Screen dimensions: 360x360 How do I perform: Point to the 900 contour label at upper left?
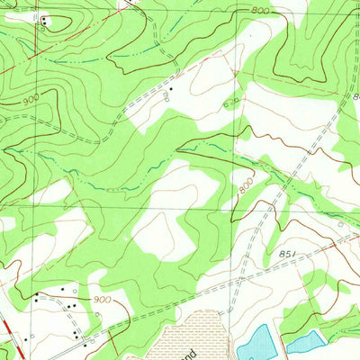(x=30, y=102)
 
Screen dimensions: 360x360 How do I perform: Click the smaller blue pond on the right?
(x=305, y=340)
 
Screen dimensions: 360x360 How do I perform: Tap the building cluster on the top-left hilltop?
(x=44, y=19)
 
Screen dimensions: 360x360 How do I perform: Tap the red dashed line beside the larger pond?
(x=281, y=342)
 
